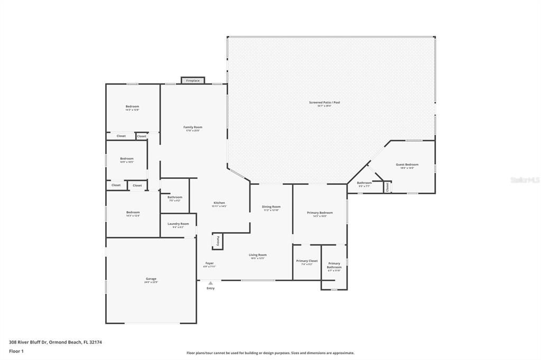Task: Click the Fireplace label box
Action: pos(193,80)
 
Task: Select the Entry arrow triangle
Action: pos(210,283)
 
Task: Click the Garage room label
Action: pos(151,279)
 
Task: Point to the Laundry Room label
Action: pos(178,224)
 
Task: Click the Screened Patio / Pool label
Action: pos(324,102)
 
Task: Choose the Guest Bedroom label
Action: pos(407,165)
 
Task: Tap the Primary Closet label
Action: pos(307,261)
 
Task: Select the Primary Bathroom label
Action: pos(334,265)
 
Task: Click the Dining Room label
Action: pos(272,207)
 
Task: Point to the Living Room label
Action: pos(258,255)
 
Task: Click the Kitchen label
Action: pos(219,203)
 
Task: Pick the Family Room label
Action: pos(193,127)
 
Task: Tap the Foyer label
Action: pos(210,263)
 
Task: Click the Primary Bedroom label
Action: pos(320,213)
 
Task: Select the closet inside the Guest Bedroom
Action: pos(387,186)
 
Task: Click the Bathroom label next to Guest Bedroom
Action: pos(364,183)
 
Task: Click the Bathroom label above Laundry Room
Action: pos(175,197)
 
